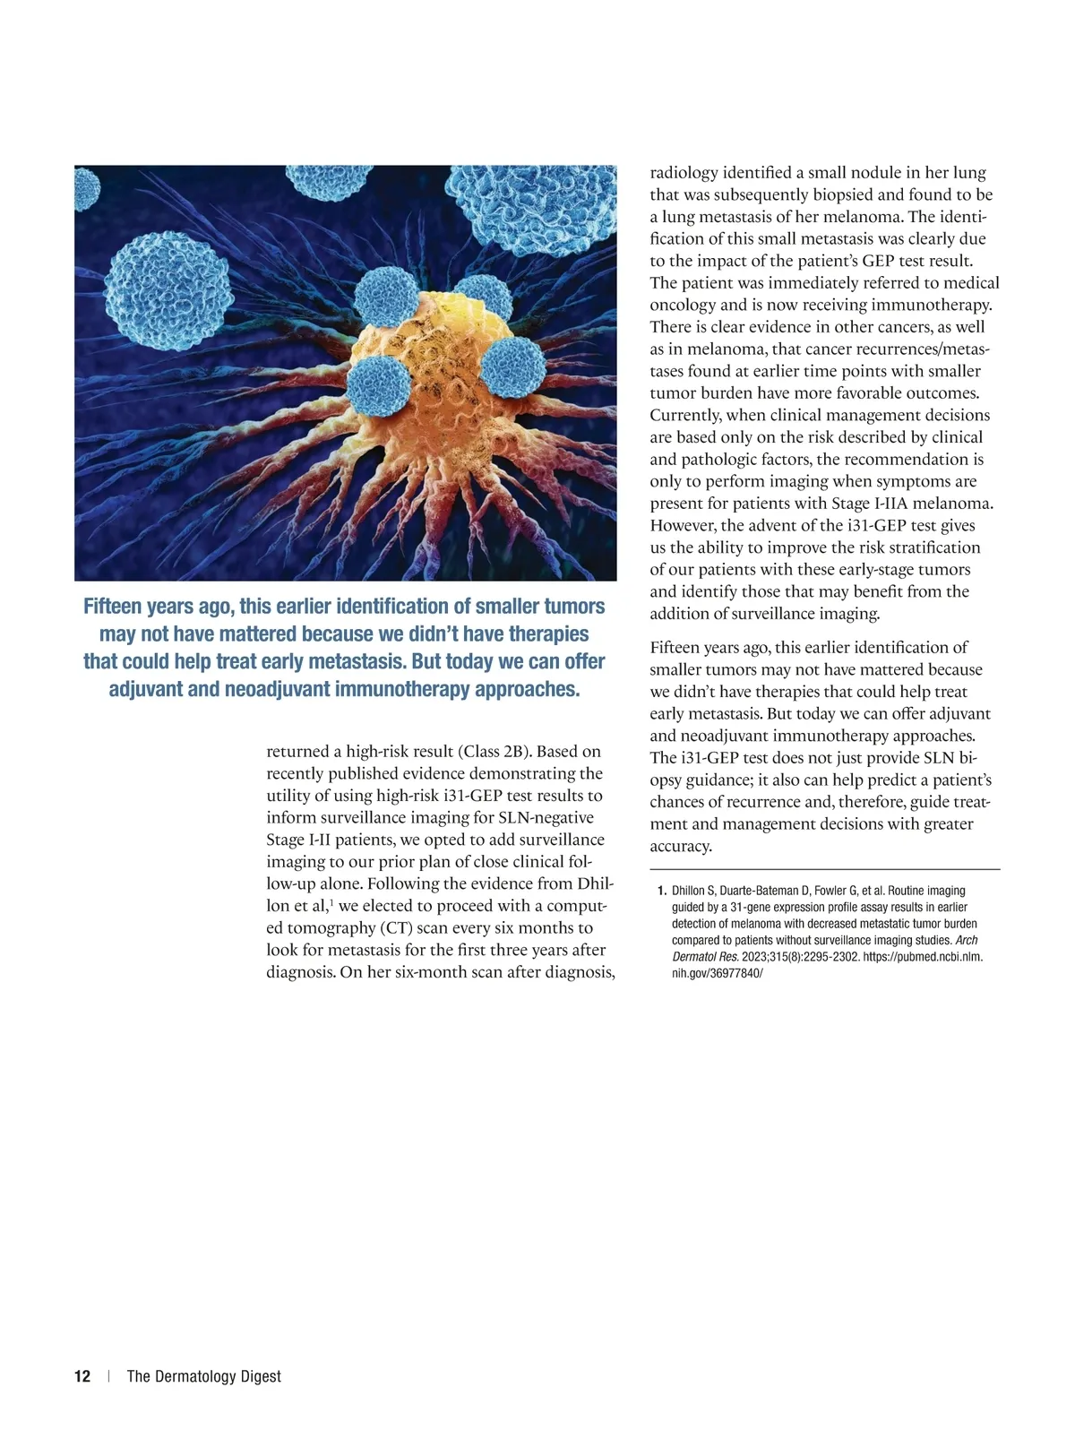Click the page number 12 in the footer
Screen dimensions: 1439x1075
click(x=82, y=1376)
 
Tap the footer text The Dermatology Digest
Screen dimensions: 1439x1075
click(x=203, y=1376)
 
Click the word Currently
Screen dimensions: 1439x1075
click(x=685, y=415)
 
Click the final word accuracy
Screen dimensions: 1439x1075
click(x=680, y=846)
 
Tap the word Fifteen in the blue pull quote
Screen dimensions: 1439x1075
click(x=114, y=607)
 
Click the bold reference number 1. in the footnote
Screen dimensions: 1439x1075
click(x=662, y=891)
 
